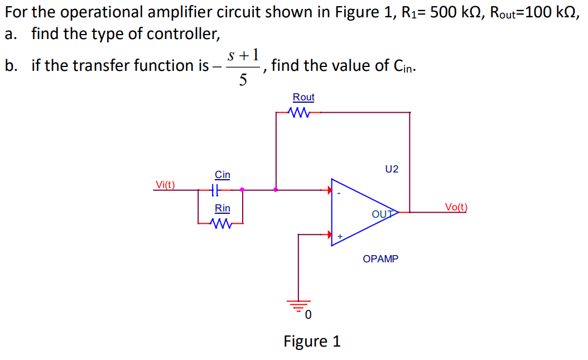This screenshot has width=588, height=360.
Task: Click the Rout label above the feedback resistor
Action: pos(303,97)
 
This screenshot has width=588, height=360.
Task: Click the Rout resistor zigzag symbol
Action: pos(300,112)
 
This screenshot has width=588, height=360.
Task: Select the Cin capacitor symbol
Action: pos(216,190)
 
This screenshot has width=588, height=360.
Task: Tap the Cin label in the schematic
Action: pos(222,175)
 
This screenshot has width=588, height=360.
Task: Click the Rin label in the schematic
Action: pos(222,209)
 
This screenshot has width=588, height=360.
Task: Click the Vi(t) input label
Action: pos(165,185)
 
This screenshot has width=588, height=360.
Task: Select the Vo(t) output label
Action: pos(456,207)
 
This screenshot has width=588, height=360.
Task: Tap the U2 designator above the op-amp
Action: pos(392,169)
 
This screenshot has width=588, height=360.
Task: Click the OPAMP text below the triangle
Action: pos(380,259)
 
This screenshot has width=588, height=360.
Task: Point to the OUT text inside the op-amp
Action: pos(382,214)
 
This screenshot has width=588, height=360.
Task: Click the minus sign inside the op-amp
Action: pos(338,194)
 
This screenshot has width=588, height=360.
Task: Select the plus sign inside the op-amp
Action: pos(339,237)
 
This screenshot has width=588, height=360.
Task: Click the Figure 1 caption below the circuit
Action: pos(312,341)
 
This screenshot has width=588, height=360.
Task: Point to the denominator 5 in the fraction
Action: pos(243,80)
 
